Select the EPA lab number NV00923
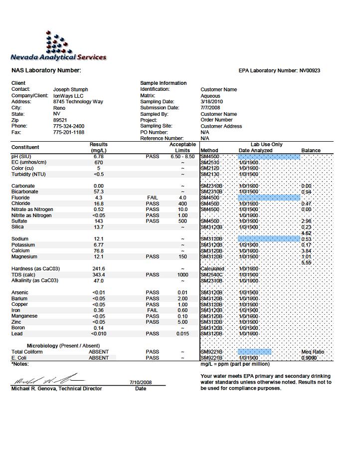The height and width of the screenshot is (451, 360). point(310,71)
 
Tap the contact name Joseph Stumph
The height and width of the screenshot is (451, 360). point(71,90)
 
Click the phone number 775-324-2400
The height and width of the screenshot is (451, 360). point(69,126)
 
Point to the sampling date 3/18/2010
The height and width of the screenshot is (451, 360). point(212,102)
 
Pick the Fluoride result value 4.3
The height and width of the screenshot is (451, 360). point(99,198)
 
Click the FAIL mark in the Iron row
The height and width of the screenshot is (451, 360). point(153,310)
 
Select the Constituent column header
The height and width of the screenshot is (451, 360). point(25,147)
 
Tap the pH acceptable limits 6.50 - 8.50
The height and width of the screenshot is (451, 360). point(182,157)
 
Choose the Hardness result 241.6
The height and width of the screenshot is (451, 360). point(99,269)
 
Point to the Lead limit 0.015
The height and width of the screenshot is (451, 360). point(182,334)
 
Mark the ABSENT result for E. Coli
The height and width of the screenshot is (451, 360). point(99,358)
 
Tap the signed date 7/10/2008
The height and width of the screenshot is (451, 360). point(140,383)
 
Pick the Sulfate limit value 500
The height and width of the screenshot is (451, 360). point(182,221)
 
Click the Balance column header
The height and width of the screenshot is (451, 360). point(311,151)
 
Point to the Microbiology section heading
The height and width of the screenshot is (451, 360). point(63,346)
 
